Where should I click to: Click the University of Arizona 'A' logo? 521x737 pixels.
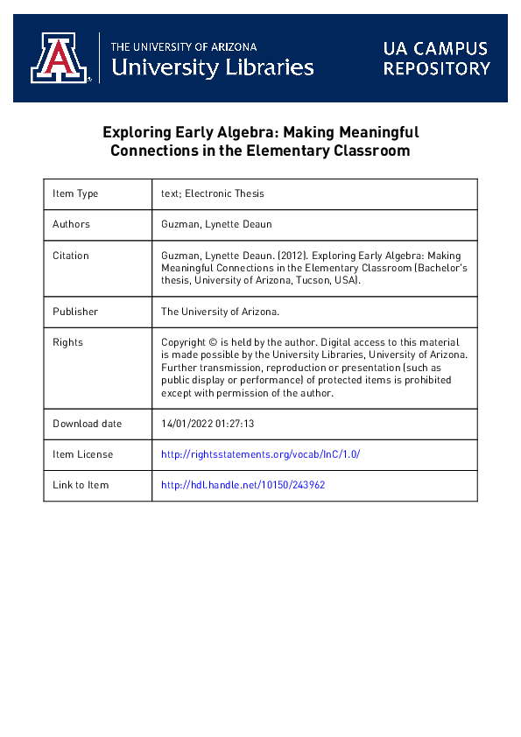[x=60, y=59]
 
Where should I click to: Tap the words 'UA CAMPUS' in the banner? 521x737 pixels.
[x=434, y=49]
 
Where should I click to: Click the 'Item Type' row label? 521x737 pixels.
[x=75, y=193]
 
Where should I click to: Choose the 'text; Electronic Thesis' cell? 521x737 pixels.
[x=213, y=193]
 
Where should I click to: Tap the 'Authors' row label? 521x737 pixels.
[x=71, y=224]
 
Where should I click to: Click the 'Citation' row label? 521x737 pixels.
[x=71, y=256]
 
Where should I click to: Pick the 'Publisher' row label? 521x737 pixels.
[x=75, y=311]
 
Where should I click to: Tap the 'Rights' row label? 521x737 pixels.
[x=67, y=342]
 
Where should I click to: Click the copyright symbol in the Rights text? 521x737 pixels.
[x=215, y=342]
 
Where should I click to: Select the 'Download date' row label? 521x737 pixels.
[x=88, y=424]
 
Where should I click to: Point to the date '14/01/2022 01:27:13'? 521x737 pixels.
[x=208, y=424]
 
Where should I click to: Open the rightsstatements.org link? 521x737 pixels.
[x=260, y=454]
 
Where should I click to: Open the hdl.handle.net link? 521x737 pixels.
[x=243, y=485]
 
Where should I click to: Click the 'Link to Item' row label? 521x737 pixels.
[x=81, y=485]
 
